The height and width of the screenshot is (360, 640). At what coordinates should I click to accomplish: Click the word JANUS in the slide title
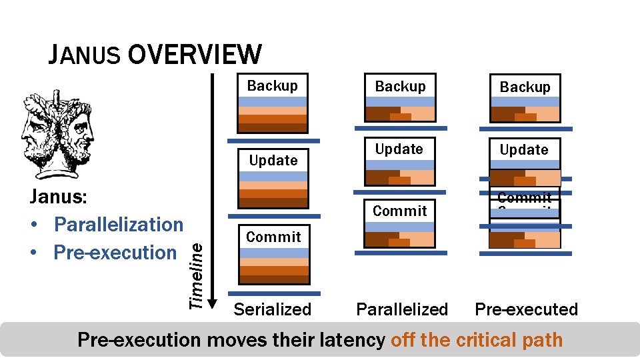point(84,55)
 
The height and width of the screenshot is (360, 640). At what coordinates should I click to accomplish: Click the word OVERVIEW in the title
point(194,54)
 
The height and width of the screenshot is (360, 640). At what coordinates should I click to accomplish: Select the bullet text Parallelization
point(118,225)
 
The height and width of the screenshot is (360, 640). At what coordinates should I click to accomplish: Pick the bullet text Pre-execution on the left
point(115,253)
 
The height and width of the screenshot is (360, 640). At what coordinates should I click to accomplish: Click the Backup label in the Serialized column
point(273,85)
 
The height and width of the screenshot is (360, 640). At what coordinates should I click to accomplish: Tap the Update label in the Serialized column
point(273,160)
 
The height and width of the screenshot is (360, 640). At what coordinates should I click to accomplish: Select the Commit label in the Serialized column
point(273,237)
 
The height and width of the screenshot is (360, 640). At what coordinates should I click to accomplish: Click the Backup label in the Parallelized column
point(400,86)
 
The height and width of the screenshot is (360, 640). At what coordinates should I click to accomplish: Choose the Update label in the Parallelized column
point(399,149)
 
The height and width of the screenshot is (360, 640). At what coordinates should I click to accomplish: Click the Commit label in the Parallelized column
point(399,211)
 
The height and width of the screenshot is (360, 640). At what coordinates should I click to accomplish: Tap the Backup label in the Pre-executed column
point(525,87)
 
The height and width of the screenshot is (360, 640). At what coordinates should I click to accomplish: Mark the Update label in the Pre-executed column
point(524,150)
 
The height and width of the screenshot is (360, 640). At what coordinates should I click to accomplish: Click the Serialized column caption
point(273,309)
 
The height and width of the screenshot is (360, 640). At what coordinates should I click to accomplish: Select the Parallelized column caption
point(402,309)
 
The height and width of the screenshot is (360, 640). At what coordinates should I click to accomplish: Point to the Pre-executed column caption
point(526,309)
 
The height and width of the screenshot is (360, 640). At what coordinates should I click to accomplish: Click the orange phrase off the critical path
point(477,340)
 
